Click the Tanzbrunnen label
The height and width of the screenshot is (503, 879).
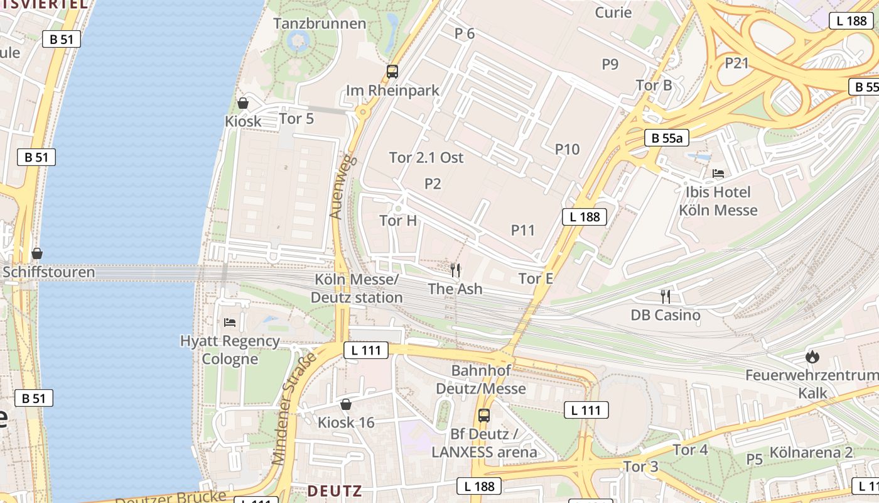(x=320, y=24)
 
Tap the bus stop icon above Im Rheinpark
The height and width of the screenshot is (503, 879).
(x=392, y=72)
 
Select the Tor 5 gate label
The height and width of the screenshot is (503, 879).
(x=296, y=118)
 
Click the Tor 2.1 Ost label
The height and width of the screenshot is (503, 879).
(x=426, y=157)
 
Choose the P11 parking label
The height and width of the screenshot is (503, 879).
(x=522, y=230)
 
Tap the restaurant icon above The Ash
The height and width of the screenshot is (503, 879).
(x=456, y=270)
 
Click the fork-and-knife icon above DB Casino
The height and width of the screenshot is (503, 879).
(x=666, y=296)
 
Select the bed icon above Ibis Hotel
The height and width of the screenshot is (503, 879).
(x=718, y=174)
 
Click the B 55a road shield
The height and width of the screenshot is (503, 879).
(x=667, y=138)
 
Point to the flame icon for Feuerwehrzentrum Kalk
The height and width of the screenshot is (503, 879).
(x=812, y=357)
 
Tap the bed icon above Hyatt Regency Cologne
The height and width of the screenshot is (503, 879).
(x=230, y=323)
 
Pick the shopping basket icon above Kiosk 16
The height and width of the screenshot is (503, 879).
(x=345, y=404)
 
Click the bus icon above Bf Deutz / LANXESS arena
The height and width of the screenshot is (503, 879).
(x=483, y=415)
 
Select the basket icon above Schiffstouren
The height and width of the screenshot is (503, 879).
(x=37, y=253)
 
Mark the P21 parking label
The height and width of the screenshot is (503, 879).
(x=737, y=63)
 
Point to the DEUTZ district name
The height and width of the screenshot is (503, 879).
(x=335, y=490)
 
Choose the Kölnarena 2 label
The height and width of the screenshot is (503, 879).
(x=811, y=452)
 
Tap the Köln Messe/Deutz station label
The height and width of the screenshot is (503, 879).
(x=358, y=289)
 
